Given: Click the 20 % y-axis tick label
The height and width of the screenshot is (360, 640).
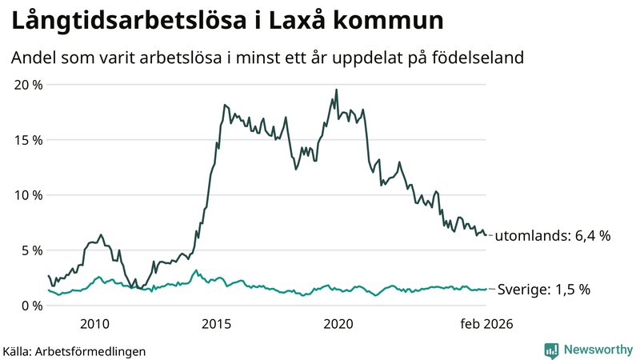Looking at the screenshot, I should click(x=27, y=85).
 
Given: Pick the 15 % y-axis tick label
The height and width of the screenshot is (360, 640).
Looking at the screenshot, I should click(x=27, y=140).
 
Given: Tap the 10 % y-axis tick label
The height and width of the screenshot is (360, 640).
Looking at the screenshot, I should click(x=27, y=195).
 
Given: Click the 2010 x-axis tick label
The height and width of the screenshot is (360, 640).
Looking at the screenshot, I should click(x=94, y=324).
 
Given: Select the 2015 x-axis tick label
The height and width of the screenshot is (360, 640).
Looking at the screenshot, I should click(x=216, y=324).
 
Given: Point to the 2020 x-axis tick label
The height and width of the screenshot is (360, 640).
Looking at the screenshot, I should click(x=338, y=324).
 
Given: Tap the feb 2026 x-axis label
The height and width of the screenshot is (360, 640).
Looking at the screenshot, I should click(x=486, y=324).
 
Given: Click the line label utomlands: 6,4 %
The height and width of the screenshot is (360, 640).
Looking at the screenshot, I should click(x=553, y=236).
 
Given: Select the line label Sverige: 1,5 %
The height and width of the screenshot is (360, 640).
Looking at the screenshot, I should click(x=544, y=290).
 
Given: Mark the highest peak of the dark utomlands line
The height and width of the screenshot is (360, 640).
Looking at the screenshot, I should click(x=336, y=90).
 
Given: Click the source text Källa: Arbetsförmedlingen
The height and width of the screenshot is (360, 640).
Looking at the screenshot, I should click(x=74, y=350).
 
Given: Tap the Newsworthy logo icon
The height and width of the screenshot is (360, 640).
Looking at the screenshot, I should click(x=551, y=350).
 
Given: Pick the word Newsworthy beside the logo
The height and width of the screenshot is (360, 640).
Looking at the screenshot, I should click(x=597, y=350).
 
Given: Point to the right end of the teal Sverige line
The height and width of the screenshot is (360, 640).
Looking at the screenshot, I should click(x=486, y=290).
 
